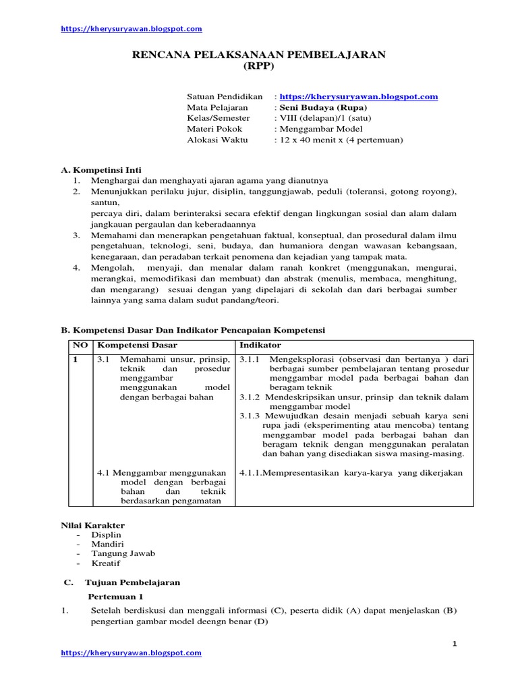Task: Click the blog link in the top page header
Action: (x=132, y=29)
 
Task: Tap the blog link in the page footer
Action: (x=132, y=653)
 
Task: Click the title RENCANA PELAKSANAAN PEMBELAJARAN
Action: (x=258, y=55)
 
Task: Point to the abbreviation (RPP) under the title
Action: (x=259, y=66)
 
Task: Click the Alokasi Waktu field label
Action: (x=217, y=140)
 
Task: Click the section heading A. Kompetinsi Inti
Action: (x=101, y=170)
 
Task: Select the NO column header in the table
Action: (x=81, y=345)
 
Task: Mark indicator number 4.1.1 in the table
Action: (x=250, y=473)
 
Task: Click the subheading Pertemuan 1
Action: (x=116, y=597)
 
